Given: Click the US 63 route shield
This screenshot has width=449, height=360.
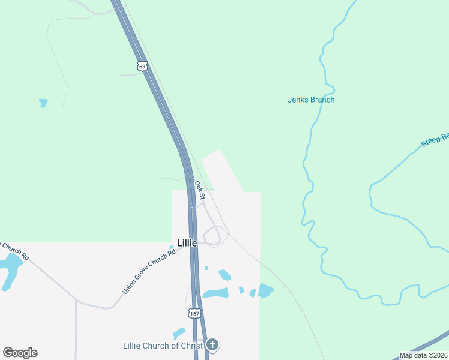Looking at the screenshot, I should tap(142, 66).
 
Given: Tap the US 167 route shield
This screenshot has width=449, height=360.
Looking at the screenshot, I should tap(194, 313).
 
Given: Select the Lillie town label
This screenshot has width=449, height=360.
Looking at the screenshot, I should tap(187, 243).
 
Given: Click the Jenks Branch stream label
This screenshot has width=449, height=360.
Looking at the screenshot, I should tap(311, 100).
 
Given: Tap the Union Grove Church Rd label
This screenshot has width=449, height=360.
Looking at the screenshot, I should tap(149, 272).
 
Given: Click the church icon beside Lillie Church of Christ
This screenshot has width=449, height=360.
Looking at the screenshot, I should tap(212, 345).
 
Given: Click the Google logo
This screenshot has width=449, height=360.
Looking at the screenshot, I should tap(20, 353).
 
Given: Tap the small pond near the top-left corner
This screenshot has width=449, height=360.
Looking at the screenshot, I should tap(43, 103).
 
